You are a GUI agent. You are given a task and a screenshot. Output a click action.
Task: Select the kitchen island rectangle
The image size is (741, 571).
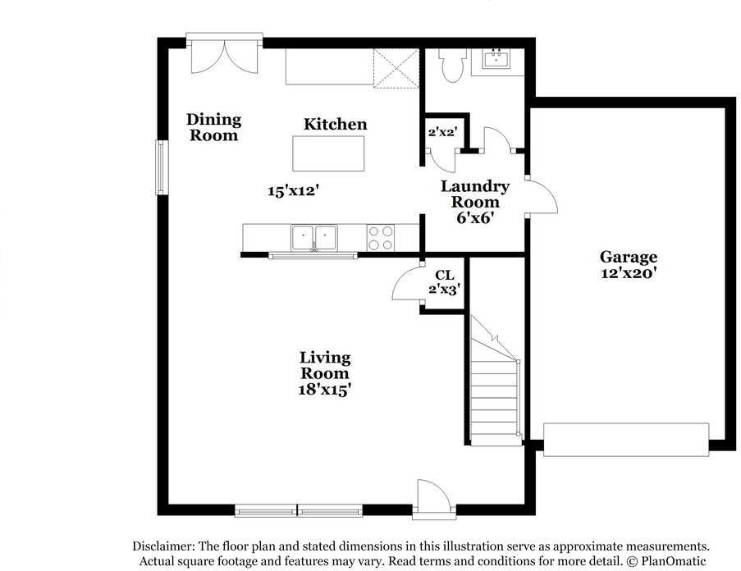328,153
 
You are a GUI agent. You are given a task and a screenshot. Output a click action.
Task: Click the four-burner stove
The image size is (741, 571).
381,238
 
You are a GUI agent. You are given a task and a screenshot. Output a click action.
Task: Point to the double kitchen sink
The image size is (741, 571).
314,237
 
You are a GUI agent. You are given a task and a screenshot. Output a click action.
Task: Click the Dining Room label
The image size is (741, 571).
213,127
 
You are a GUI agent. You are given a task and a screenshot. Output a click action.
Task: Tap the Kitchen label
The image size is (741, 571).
335,124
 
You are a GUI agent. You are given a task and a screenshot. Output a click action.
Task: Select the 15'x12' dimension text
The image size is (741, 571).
294,191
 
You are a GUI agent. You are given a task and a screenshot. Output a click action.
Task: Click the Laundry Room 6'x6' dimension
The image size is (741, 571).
475,217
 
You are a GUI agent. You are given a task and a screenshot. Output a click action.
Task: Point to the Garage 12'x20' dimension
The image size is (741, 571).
628,273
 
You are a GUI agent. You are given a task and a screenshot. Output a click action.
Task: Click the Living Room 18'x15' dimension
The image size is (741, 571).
325,390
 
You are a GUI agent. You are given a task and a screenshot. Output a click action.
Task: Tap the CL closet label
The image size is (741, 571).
444,275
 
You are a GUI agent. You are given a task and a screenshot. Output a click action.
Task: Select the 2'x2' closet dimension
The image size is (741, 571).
441,132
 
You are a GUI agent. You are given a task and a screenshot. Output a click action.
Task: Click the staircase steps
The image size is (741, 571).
495,398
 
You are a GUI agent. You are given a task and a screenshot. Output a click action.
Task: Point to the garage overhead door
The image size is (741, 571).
626,440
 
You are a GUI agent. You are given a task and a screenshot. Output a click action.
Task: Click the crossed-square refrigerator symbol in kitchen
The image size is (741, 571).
396,68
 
